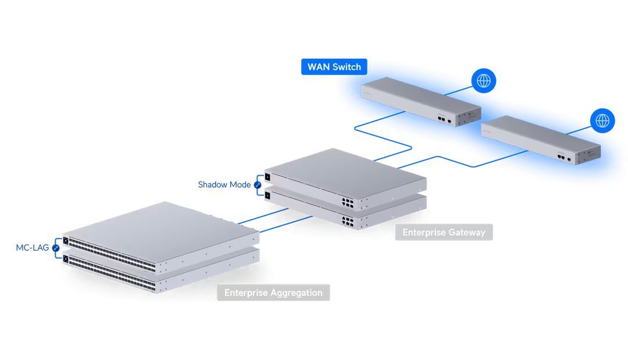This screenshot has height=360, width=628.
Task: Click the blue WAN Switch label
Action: click(334, 67)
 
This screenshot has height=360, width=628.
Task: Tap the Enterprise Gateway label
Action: click(444, 233)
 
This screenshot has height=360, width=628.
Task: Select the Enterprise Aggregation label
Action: click(273, 293)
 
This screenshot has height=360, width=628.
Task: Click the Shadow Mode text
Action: click(224, 185)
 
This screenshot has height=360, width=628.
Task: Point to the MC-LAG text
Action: click(33, 248)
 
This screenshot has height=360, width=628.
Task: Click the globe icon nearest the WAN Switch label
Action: click(483, 81)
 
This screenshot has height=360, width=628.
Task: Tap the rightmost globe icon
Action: click(602, 121)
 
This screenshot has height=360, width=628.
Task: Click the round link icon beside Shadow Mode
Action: click(258, 185)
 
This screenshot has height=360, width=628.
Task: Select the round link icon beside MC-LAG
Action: click(56, 248)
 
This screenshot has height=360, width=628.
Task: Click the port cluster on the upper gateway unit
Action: click(348, 202)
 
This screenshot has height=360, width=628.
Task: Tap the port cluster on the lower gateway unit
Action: click(348, 221)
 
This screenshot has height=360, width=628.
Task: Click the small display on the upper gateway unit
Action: click(267, 177)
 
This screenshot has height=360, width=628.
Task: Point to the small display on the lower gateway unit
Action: click(267, 195)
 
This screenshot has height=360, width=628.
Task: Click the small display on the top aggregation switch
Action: click(66, 241)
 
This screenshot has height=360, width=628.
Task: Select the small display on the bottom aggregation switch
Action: click(66, 259)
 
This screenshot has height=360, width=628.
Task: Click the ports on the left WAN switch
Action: click(443, 117)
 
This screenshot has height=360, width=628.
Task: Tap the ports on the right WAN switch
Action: click(562, 157)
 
